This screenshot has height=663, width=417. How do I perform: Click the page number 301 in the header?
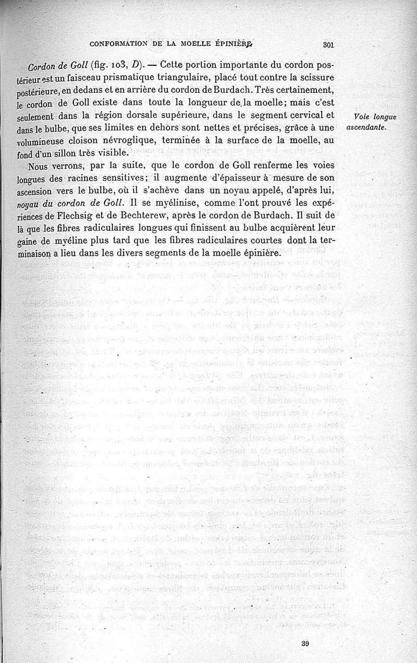[x=328, y=45]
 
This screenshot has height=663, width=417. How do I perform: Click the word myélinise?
[x=164, y=203]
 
